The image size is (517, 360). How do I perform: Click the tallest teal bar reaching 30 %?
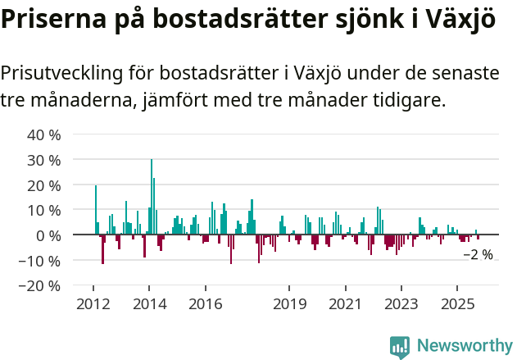[152, 197]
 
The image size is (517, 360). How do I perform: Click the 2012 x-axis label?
[93, 304]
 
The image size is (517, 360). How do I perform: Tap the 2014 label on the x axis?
[148, 304]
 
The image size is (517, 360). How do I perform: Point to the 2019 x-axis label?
[288, 304]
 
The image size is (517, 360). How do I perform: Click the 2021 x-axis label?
[345, 304]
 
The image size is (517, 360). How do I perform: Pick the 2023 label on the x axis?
[401, 304]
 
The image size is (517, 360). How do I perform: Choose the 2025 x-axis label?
[457, 304]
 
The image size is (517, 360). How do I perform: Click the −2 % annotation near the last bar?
[478, 255]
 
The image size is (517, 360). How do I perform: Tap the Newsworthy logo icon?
[400, 346]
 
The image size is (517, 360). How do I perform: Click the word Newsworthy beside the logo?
[464, 346]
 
